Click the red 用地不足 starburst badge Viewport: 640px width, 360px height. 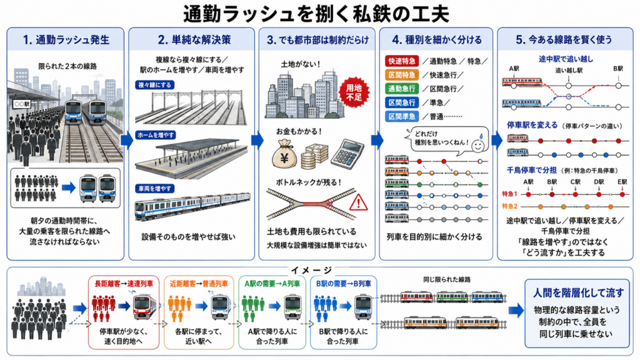(354, 92)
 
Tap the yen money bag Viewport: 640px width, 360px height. (284, 154)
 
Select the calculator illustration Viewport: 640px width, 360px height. (347, 154)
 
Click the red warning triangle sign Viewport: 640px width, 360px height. (358, 202)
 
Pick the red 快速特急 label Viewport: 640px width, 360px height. (402, 61)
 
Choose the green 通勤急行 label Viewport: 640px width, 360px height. (402, 89)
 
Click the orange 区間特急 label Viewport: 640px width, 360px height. (402, 75)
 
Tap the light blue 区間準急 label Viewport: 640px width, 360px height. (402, 116)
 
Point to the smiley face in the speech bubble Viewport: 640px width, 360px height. (478, 144)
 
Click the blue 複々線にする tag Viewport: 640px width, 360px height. (155, 85)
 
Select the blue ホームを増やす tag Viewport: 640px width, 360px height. (156, 135)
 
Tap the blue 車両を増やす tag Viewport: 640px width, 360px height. (155, 189)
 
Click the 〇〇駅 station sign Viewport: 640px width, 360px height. (22, 104)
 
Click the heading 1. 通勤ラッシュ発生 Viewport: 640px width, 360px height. (66, 39)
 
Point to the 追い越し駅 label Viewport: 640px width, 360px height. (569, 70)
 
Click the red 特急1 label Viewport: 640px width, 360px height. (509, 194)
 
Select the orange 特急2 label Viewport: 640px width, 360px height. (509, 206)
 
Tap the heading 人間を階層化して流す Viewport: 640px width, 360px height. (578, 292)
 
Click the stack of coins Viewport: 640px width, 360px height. (314, 156)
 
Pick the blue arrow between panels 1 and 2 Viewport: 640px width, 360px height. (127, 140)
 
